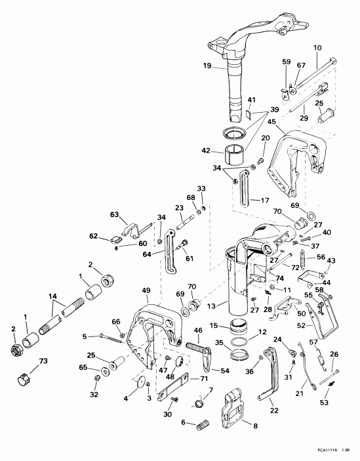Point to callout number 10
318,47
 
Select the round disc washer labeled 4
139,382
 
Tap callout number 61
190,258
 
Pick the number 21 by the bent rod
299,393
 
